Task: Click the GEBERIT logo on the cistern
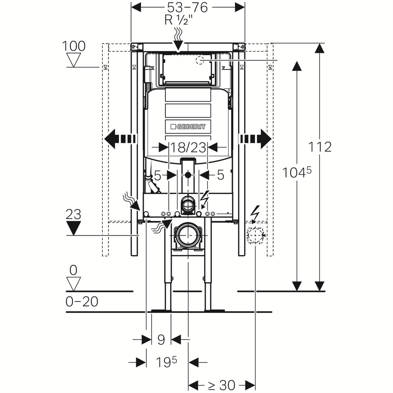[188, 127]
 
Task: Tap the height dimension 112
[320, 147]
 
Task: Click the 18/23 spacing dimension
[188, 147]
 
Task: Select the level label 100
[73, 46]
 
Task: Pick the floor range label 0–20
[82, 302]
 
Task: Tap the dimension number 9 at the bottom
[161, 340]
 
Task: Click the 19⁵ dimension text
[167, 362]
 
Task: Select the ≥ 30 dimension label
[222, 385]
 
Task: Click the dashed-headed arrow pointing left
[120, 139]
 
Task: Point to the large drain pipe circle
[188, 236]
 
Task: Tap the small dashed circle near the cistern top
[200, 60]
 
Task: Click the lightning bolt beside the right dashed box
[256, 214]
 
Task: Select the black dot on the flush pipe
[188, 175]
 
